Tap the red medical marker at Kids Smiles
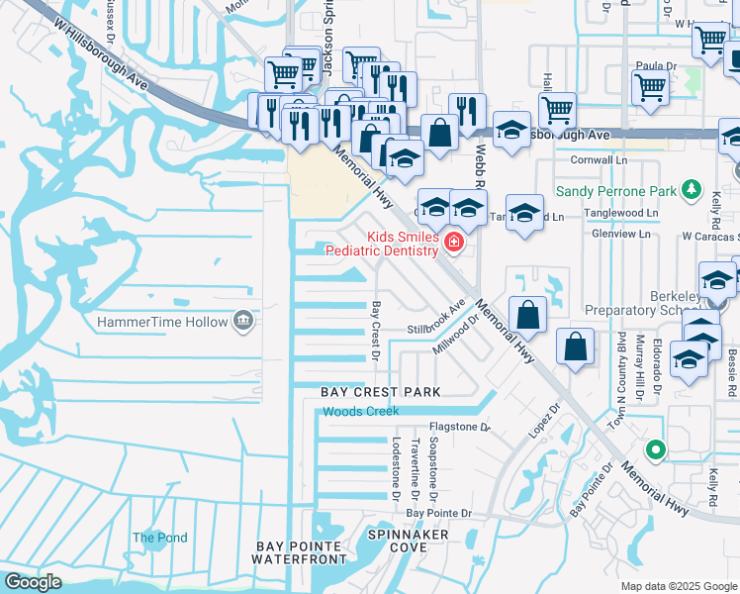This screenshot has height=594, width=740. click(x=454, y=243)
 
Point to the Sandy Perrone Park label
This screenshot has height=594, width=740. click(x=615, y=191)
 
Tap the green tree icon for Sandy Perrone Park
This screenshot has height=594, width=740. click(x=693, y=191)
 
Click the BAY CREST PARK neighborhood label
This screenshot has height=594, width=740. click(x=380, y=393)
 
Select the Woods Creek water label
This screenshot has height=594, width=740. click(x=361, y=411)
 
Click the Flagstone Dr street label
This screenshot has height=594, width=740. click(x=460, y=428)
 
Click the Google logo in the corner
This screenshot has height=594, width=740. click(x=33, y=582)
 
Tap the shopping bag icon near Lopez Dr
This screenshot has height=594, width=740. click(x=575, y=348)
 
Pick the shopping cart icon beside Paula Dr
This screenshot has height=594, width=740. click(x=650, y=87)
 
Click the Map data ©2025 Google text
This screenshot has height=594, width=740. click(x=678, y=586)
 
